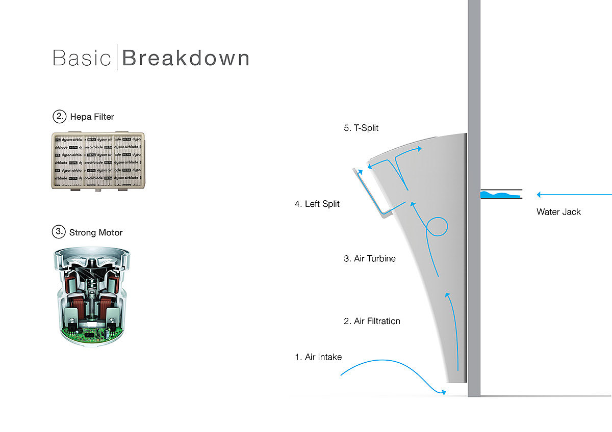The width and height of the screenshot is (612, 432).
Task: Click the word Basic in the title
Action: (82, 58)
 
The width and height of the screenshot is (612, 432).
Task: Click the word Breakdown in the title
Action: (186, 58)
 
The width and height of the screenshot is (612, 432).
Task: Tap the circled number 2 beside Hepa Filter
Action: (60, 117)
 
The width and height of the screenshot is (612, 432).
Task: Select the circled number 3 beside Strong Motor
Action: (59, 232)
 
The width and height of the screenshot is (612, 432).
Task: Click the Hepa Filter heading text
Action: (92, 117)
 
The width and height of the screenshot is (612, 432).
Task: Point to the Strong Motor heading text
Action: (96, 233)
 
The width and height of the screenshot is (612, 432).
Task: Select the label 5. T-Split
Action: (361, 128)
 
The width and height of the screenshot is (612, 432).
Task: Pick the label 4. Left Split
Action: (317, 204)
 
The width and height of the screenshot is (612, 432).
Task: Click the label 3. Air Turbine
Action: (370, 259)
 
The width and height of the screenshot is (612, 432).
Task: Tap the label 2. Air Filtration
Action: (372, 321)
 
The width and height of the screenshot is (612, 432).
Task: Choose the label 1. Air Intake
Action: (318, 357)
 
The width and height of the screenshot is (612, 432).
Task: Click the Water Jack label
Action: (558, 212)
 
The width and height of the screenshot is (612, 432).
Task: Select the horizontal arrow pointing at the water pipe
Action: (574, 195)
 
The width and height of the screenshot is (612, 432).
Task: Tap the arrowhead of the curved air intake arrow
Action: (444, 392)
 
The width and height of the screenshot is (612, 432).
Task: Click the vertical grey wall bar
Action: (474, 204)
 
